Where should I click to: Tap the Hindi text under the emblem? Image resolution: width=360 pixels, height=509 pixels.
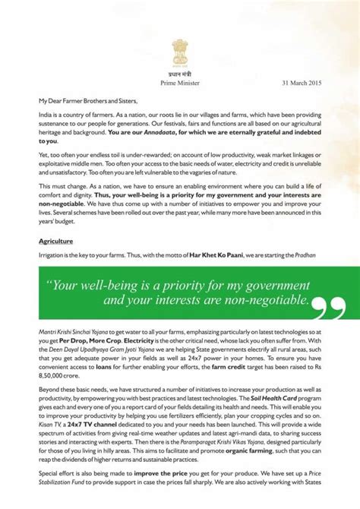[180, 72]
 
